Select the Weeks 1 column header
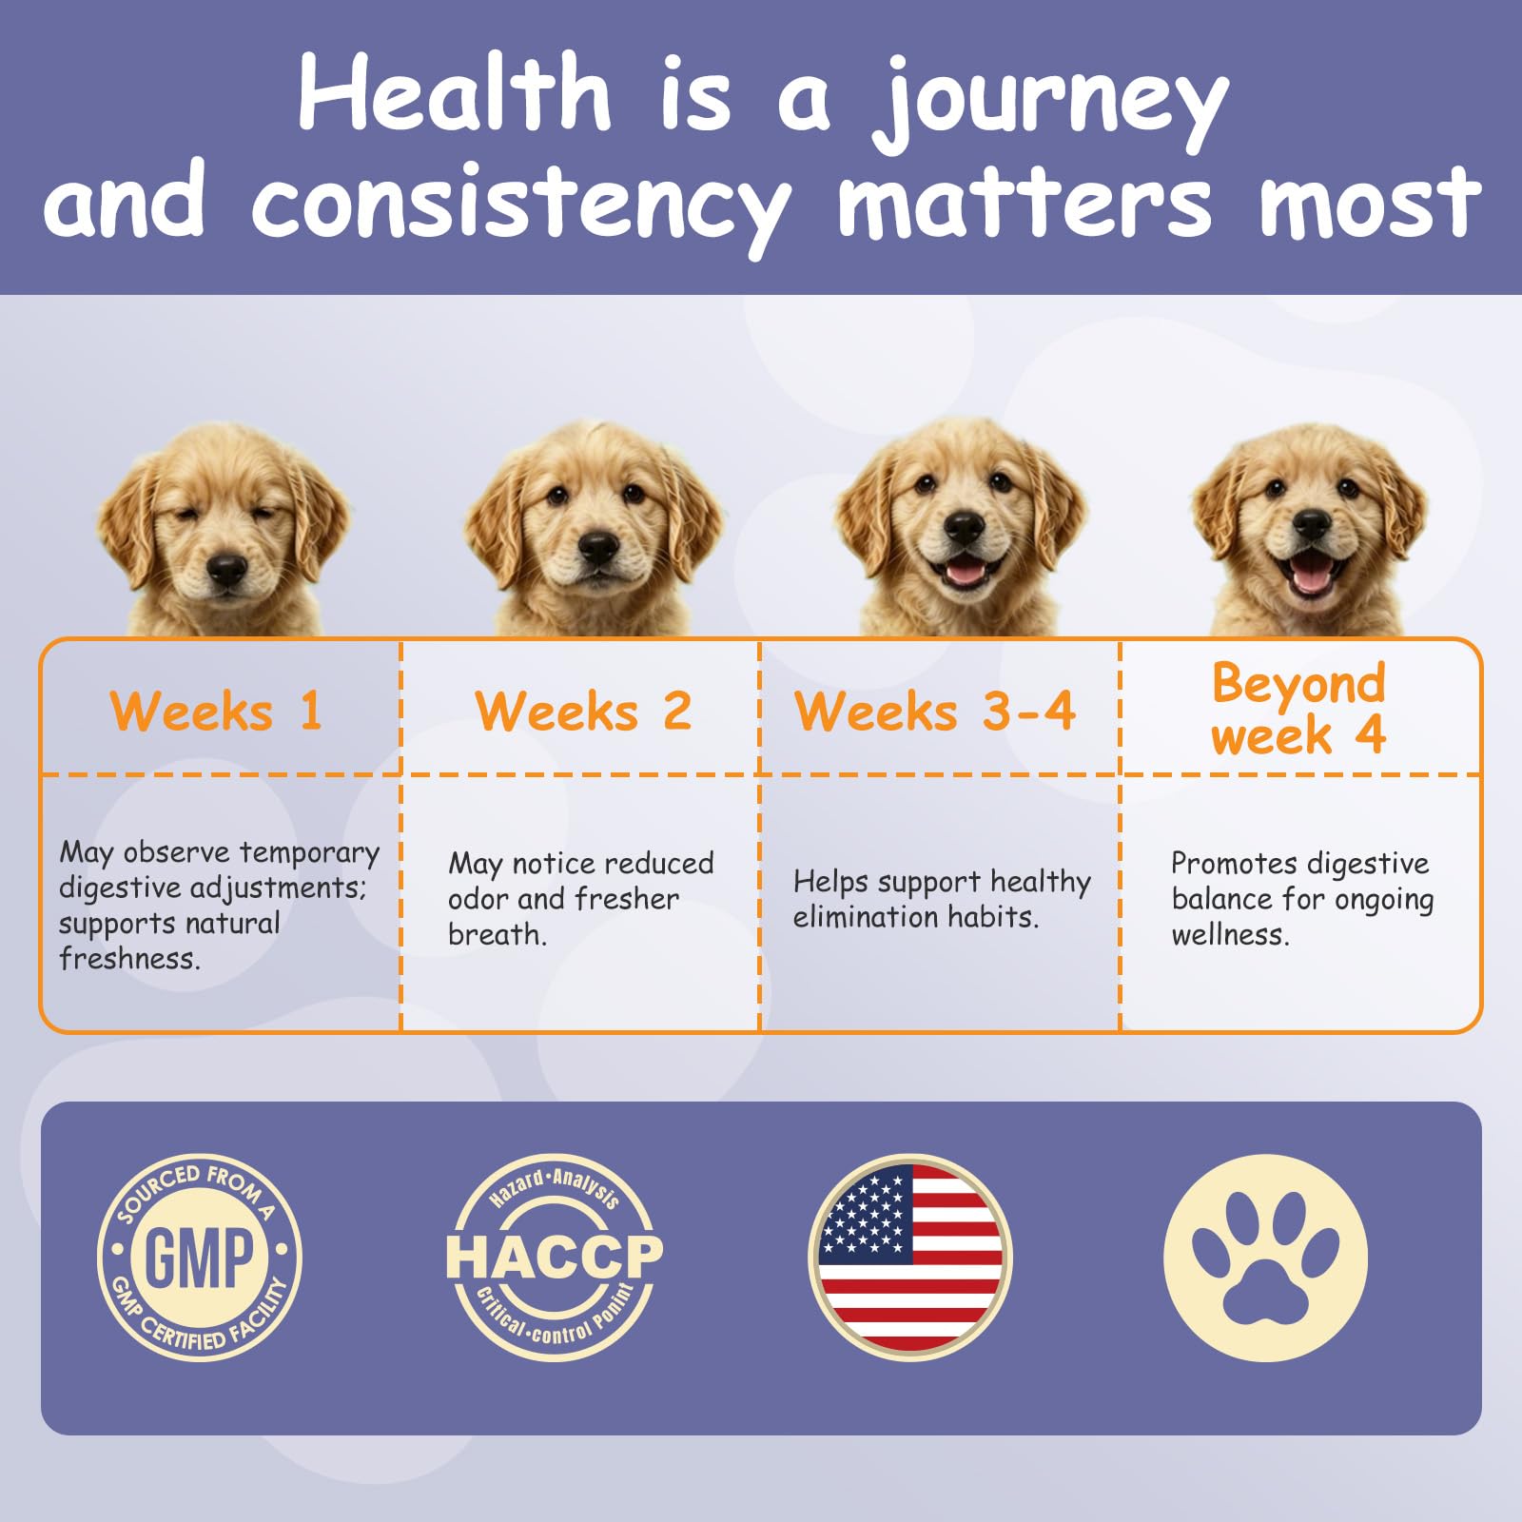pyautogui.click(x=217, y=712)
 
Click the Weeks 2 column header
pyautogui.click(x=583, y=712)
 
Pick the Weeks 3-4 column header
pyautogui.click(x=935, y=712)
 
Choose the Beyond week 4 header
pyautogui.click(x=1298, y=709)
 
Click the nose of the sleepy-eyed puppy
pyautogui.click(x=227, y=568)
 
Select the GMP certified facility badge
pyautogui.click(x=200, y=1258)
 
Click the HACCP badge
pyautogui.click(x=555, y=1258)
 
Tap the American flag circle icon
pyautogui.click(x=910, y=1258)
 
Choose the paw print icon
pyautogui.click(x=1266, y=1258)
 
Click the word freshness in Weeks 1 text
pyautogui.click(x=129, y=959)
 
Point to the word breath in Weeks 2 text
pyautogui.click(x=498, y=935)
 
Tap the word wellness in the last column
pyautogui.click(x=1231, y=935)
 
